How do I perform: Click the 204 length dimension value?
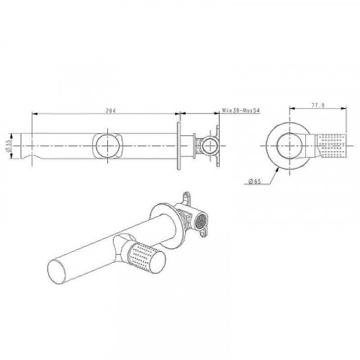pos(111,111)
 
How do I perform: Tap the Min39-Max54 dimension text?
pos(240,110)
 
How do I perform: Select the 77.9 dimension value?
pos(318,105)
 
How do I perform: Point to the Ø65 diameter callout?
pos(255,181)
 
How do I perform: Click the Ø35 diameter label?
pos(8,146)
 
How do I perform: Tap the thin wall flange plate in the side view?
pos(179,146)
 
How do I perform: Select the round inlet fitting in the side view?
pos(210,145)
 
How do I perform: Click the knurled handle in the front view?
pos(332,145)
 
